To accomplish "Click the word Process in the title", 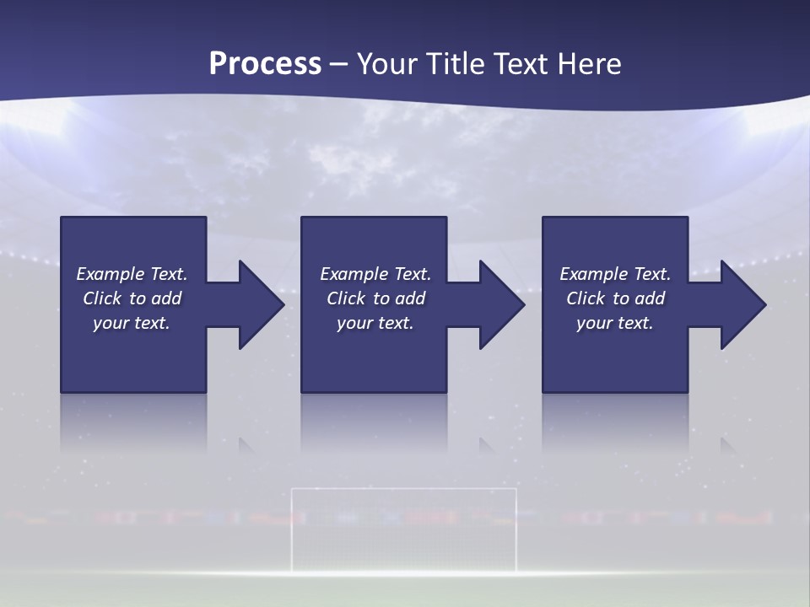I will [x=265, y=64].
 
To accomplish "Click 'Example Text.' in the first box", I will [x=132, y=274].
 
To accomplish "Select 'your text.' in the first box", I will [x=132, y=323].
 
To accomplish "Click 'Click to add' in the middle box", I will [x=375, y=298].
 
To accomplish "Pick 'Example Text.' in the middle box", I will [x=375, y=274].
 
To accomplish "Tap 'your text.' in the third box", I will [x=614, y=323].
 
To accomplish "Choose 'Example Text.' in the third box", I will [x=614, y=274].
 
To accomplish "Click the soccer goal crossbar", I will [x=403, y=489].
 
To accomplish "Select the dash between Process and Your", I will [x=338, y=65].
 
